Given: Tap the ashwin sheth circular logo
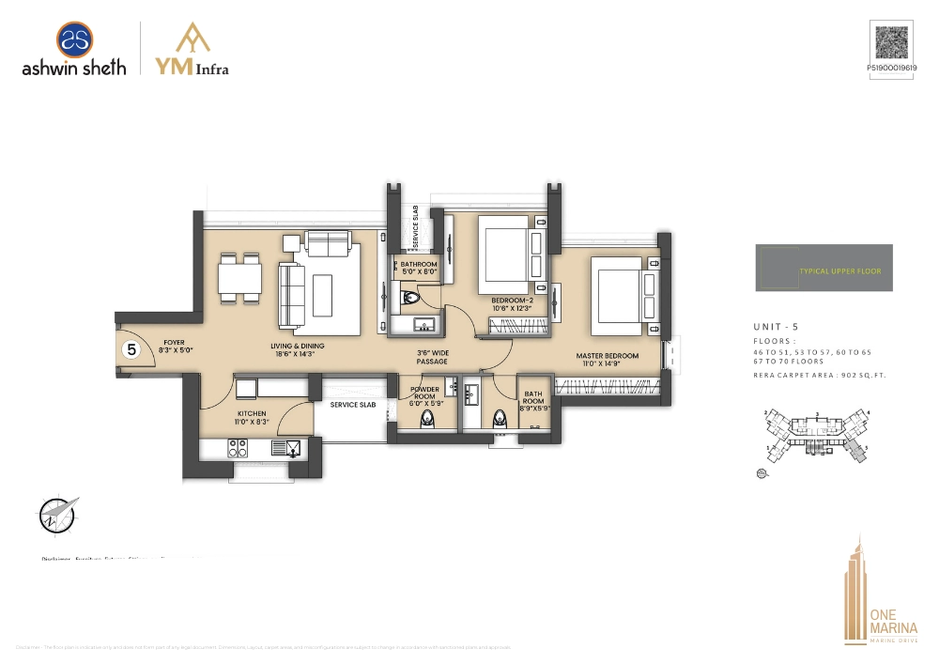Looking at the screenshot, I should coord(74,39).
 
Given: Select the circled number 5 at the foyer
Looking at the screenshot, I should coord(132,350).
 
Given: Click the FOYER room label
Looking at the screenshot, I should coord(174,347).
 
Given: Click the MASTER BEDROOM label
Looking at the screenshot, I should coord(608,360).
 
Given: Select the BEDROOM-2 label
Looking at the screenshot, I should coord(512,303).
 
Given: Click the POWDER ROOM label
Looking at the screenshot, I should coord(425,396).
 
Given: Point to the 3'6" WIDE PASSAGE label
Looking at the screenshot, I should coord(432,357).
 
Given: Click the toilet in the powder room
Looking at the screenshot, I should coord(428,420).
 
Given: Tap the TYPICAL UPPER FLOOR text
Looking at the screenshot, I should coord(840,271).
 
